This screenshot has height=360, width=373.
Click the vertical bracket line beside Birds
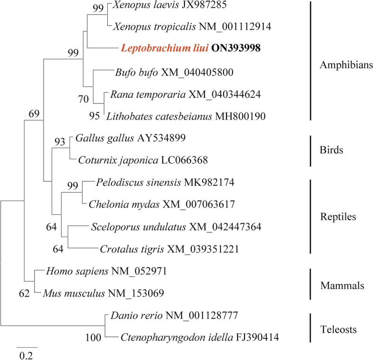point(310,151)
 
